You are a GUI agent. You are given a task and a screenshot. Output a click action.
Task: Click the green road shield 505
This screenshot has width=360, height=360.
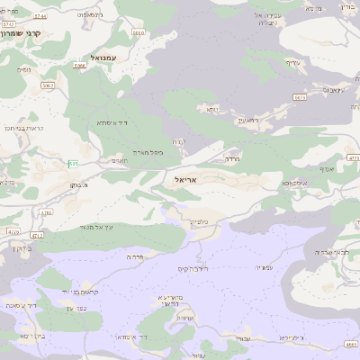71,162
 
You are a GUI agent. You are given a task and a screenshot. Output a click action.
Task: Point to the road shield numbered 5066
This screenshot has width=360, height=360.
79,66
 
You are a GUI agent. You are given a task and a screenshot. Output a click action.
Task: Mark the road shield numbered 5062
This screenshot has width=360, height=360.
47,85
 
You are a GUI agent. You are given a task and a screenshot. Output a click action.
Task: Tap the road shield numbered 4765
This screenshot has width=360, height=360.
46,213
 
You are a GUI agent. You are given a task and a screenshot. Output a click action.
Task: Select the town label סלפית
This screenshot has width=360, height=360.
199,221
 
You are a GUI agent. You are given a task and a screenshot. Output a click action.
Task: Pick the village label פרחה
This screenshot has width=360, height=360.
136,256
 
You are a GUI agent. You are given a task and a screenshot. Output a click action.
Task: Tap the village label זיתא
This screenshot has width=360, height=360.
212,109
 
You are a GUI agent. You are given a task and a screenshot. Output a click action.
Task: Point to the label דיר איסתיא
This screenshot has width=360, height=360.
115,122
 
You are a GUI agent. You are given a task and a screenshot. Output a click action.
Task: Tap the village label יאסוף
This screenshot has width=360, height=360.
326,168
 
